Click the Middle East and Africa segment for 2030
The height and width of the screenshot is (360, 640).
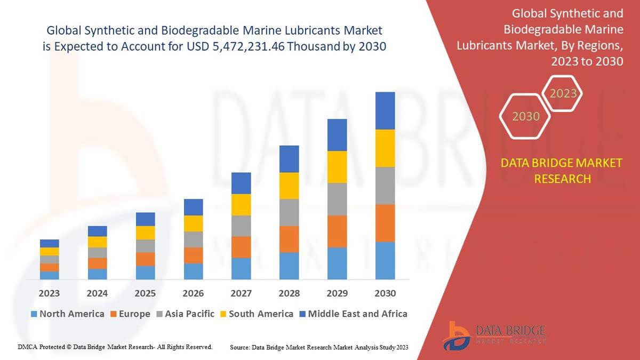tap(385, 111)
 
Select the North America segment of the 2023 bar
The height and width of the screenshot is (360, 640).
tap(50, 275)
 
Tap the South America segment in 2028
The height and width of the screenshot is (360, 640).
tap(289, 186)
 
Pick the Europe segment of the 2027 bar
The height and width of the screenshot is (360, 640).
tap(241, 247)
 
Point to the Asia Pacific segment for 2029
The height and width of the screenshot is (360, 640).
tap(337, 199)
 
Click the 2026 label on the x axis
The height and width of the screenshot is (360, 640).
tap(193, 293)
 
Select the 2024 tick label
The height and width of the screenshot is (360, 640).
tap(97, 293)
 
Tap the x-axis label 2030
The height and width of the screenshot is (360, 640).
tap(385, 293)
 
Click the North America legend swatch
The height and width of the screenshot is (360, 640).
tap(35, 314)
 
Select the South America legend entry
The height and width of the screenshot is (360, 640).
tap(255, 314)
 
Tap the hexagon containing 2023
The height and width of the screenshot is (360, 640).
tap(563, 94)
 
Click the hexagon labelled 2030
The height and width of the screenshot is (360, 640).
tap(525, 116)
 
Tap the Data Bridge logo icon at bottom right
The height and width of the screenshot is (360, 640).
tap(457, 335)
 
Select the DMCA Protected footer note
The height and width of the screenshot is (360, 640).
tap(115, 347)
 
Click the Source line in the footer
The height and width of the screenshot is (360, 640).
tap(318, 348)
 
